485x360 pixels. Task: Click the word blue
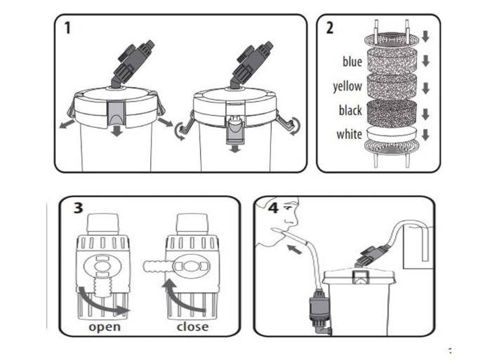(x=352, y=62)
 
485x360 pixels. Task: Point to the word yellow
(x=347, y=87)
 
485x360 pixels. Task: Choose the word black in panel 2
(x=350, y=111)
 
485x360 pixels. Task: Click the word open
(x=104, y=327)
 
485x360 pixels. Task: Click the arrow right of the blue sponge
(x=425, y=61)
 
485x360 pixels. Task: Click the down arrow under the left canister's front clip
(x=117, y=131)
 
